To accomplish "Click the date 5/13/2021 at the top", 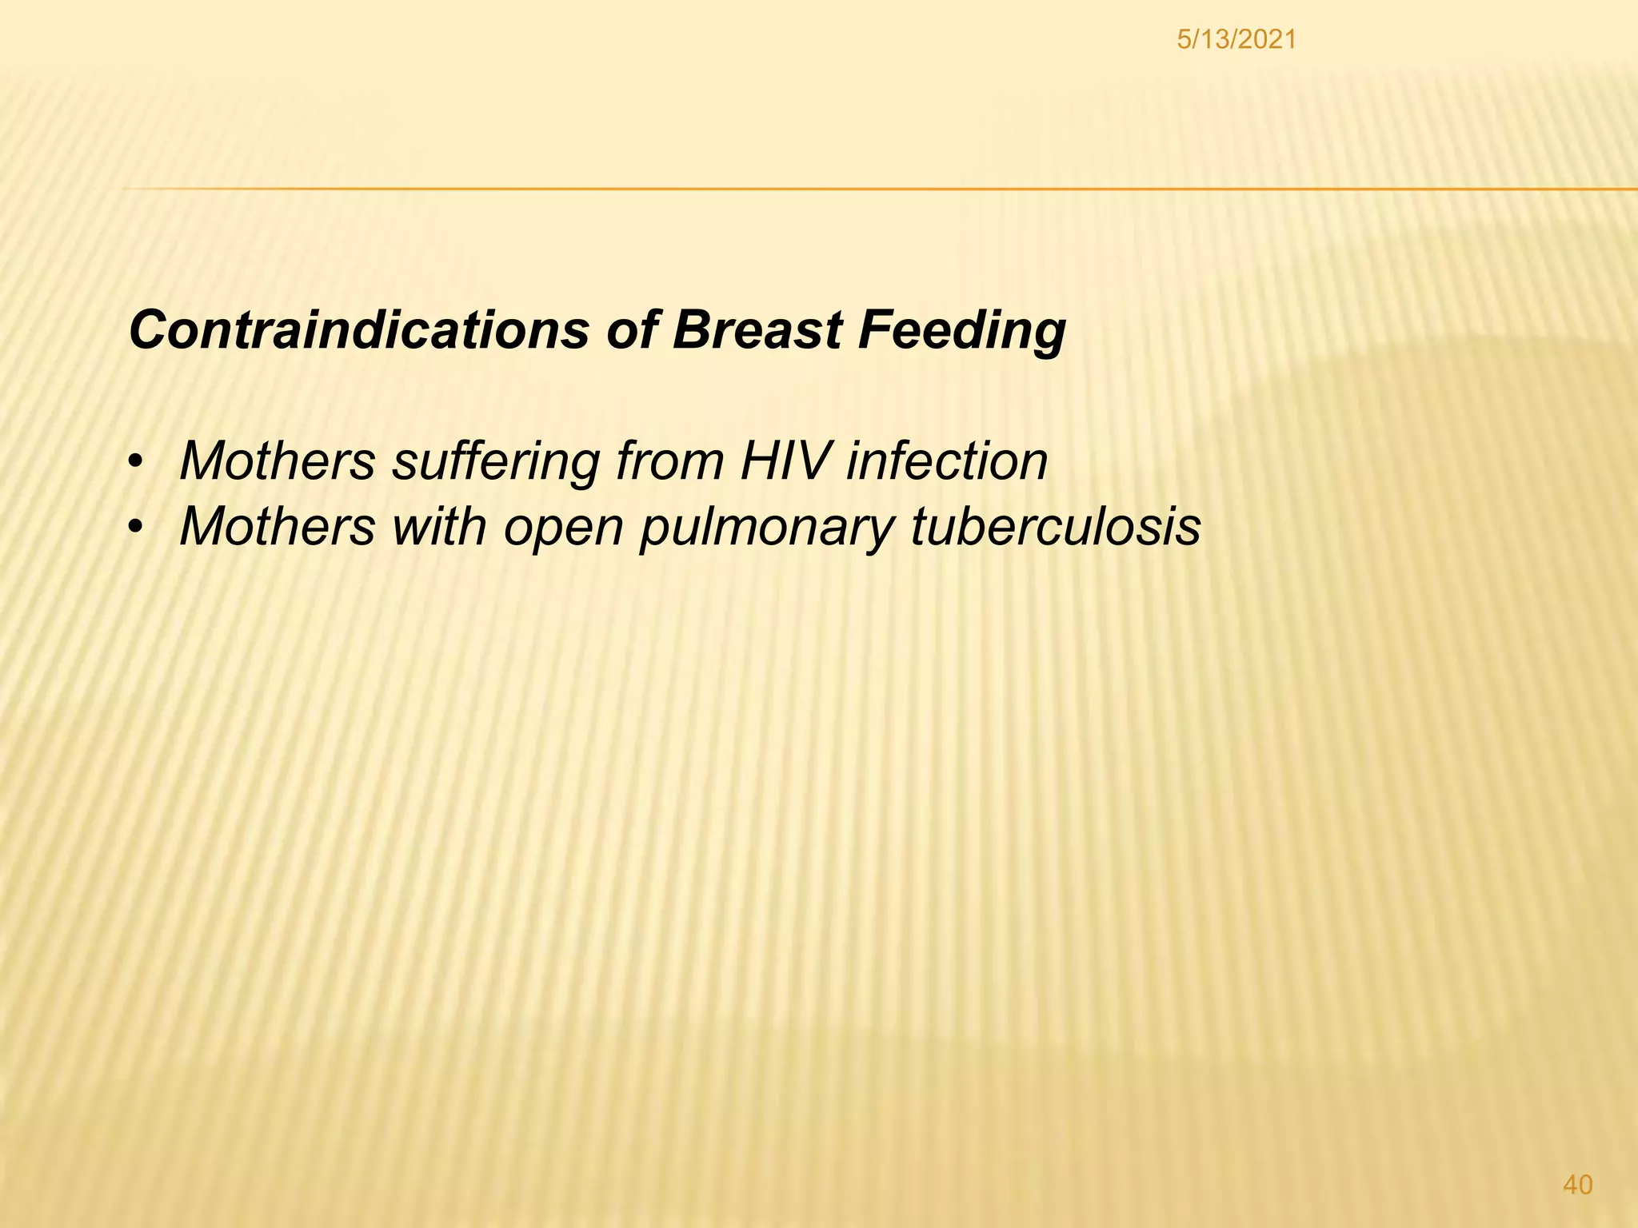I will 1236,38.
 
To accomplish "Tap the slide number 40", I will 1577,1184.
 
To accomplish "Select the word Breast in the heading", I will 757,329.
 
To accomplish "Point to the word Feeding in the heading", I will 961,331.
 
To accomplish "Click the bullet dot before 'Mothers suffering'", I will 138,463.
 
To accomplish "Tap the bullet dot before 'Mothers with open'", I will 138,528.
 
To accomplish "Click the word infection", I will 947,461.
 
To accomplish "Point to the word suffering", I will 495,463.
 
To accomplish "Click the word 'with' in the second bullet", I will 438,526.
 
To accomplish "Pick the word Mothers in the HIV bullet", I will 278,461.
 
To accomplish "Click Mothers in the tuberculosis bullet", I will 278,526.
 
